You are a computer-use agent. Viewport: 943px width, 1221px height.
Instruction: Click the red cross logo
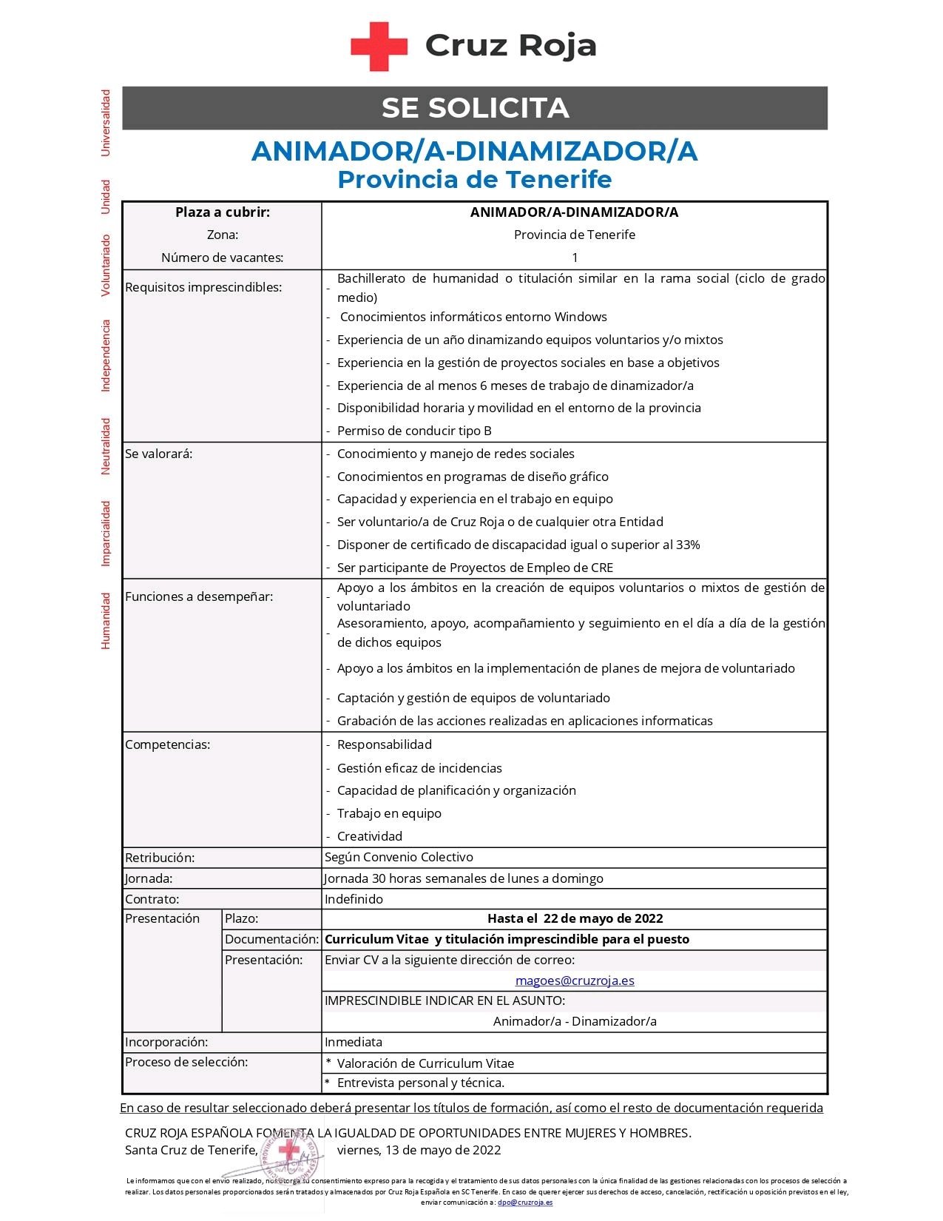pos(379,46)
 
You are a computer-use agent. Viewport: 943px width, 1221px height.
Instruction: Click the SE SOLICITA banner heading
pos(475,108)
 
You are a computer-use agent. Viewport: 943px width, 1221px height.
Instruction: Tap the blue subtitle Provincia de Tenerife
pos(474,179)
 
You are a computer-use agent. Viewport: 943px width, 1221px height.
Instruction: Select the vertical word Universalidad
pos(106,123)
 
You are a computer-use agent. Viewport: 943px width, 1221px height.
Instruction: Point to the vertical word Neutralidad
pos(106,445)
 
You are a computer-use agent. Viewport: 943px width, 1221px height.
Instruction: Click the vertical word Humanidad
pos(106,620)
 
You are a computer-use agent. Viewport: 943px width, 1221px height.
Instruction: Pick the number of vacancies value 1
pos(575,258)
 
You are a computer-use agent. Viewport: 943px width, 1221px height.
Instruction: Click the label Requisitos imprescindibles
pos(203,287)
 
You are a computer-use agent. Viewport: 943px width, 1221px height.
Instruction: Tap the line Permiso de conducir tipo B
pos(414,431)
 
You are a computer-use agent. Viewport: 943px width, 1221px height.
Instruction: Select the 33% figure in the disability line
pos(688,545)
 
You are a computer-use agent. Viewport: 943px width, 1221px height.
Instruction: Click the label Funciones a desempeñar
pos(199,596)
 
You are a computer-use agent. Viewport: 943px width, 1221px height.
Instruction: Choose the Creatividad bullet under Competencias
pos(370,836)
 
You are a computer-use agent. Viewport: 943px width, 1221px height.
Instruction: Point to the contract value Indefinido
pos(354,899)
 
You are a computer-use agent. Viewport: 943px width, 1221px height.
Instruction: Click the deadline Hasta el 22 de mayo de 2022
pos(575,918)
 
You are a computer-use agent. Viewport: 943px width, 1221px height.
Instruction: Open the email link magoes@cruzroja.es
pos(575,980)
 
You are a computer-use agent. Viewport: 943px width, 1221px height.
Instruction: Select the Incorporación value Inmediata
pos(354,1042)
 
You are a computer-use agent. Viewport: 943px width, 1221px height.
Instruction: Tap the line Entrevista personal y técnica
pos(420,1083)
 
